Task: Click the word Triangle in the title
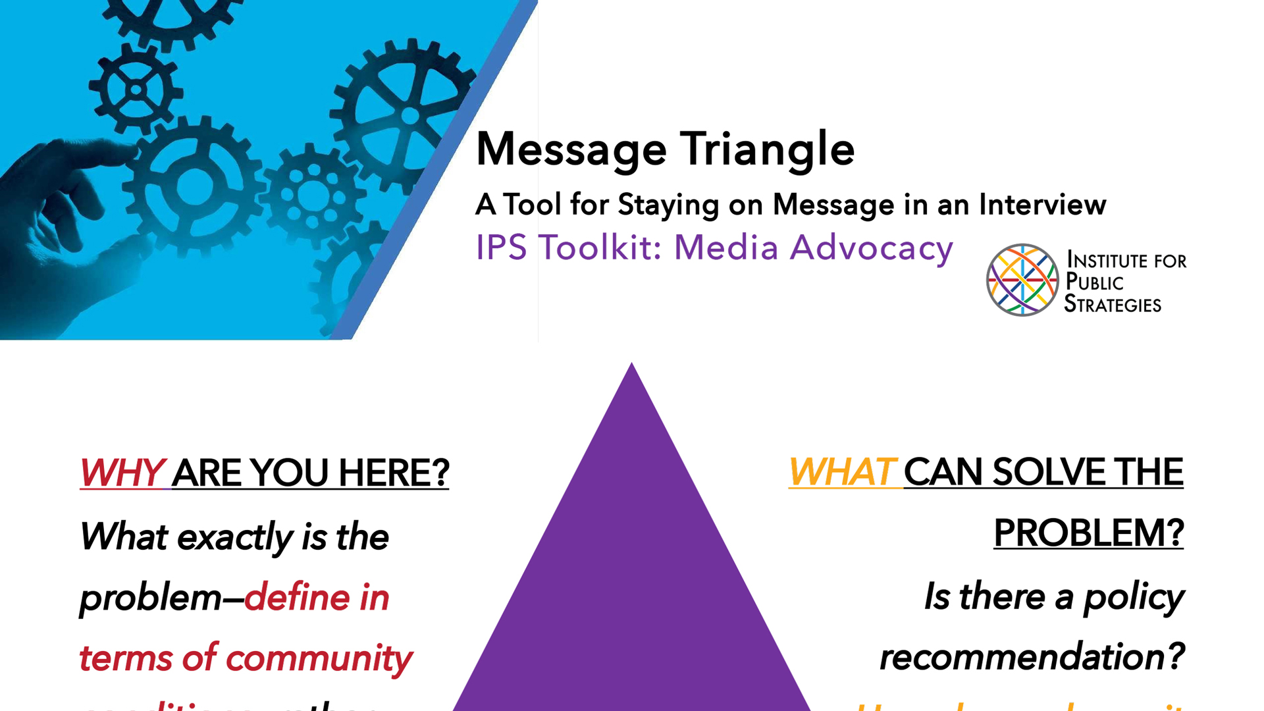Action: (x=767, y=150)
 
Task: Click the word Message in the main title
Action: (x=571, y=150)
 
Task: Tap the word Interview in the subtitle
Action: (x=1042, y=205)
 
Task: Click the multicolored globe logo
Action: (x=1022, y=280)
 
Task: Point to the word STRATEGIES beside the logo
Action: (x=1113, y=304)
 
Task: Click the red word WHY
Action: (x=122, y=473)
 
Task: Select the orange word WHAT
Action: (x=842, y=472)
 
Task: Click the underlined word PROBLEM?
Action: (x=1088, y=533)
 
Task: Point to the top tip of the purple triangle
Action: (x=631, y=366)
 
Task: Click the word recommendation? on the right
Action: (x=1032, y=657)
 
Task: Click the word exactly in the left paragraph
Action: (x=235, y=537)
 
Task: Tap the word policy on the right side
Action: (x=1133, y=597)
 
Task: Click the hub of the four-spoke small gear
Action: (x=136, y=90)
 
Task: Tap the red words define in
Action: (x=317, y=598)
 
